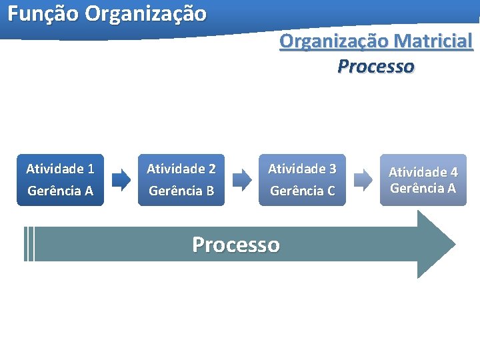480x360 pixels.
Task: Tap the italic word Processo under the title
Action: (375, 67)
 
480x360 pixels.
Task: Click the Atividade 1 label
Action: (60, 169)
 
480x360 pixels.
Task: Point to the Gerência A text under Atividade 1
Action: (60, 191)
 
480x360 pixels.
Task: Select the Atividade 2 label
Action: (181, 169)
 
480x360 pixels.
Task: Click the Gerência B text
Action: (181, 191)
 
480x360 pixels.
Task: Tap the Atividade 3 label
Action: (302, 169)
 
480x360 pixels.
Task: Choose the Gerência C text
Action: (302, 191)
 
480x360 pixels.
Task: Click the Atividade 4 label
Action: (423, 172)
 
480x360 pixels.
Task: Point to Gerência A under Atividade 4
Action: (423, 188)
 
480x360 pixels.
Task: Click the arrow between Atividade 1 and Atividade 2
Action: (121, 179)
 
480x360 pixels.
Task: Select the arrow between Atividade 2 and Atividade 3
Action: (242, 179)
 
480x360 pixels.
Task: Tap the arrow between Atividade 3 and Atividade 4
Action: (363, 179)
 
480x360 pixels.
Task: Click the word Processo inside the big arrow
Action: (236, 245)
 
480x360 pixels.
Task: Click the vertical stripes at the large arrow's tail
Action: (29, 244)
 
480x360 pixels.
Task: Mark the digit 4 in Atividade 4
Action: (453, 172)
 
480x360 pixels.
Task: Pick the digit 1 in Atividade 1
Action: (90, 169)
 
